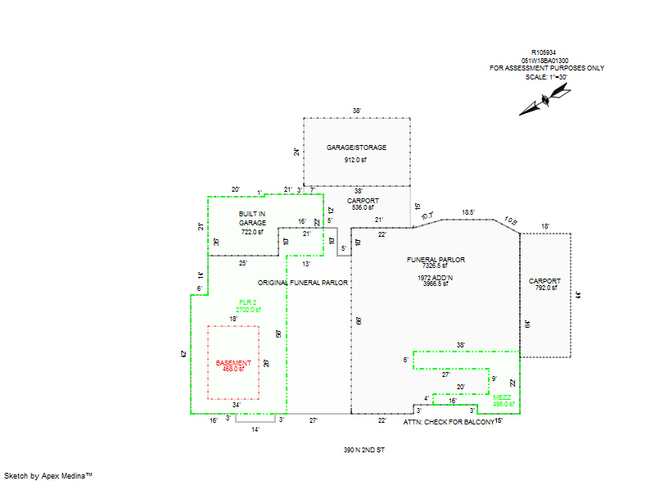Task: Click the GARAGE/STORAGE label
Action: pyautogui.click(x=356, y=147)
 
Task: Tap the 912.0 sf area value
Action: pyautogui.click(x=356, y=160)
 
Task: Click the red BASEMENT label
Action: pyautogui.click(x=233, y=362)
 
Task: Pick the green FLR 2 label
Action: pyautogui.click(x=249, y=302)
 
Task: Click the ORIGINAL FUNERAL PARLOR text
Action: pyautogui.click(x=303, y=282)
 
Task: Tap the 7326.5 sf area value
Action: pyautogui.click(x=436, y=265)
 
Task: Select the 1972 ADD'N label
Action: pyautogui.click(x=436, y=278)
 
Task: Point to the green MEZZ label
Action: pyautogui.click(x=503, y=397)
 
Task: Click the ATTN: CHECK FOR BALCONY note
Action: pyautogui.click(x=449, y=422)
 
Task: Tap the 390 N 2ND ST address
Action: pyautogui.click(x=364, y=450)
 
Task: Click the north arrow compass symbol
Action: pyautogui.click(x=544, y=101)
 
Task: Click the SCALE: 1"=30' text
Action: pyautogui.click(x=546, y=76)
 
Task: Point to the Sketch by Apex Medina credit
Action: pyautogui.click(x=47, y=474)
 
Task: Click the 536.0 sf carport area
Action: pyautogui.click(x=362, y=207)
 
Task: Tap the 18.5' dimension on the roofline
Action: pyautogui.click(x=468, y=212)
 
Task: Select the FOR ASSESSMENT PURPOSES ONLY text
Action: pyautogui.click(x=546, y=68)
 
